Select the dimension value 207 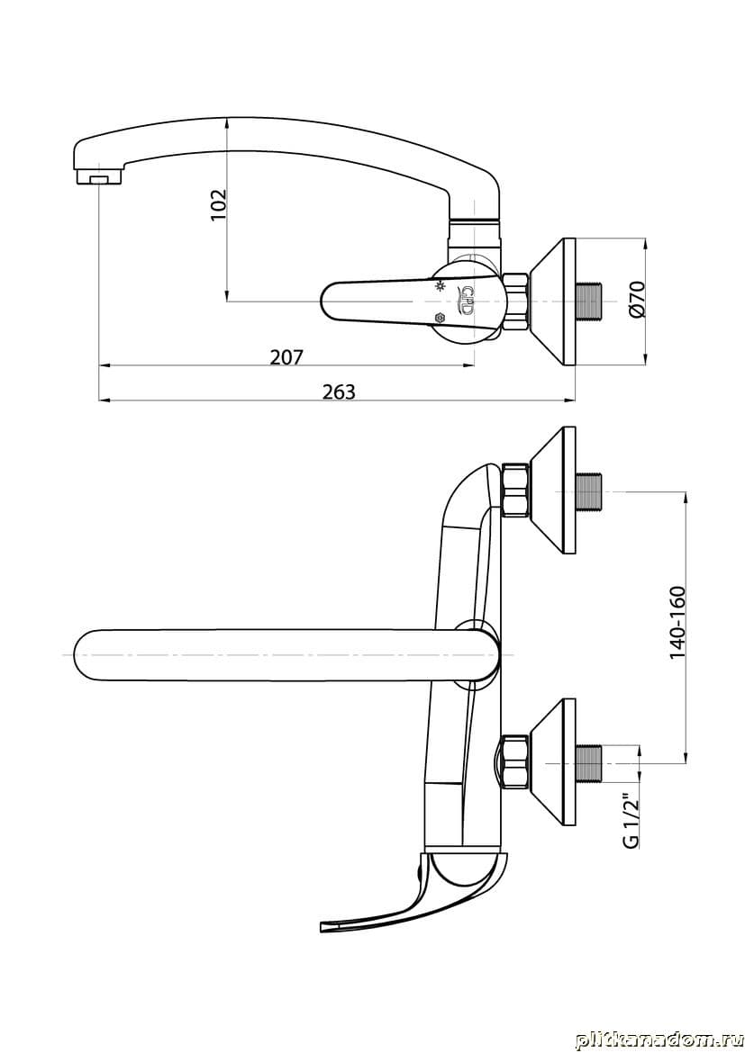tap(287, 356)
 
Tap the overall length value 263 tap(338, 391)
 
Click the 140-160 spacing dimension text tap(677, 623)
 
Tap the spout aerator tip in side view tap(99, 177)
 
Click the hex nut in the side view tap(515, 301)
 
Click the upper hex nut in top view tap(515, 490)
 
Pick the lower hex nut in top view tap(515, 762)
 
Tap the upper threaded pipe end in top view tap(591, 493)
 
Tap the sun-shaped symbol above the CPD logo tap(441, 287)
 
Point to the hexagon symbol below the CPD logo tap(440, 317)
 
